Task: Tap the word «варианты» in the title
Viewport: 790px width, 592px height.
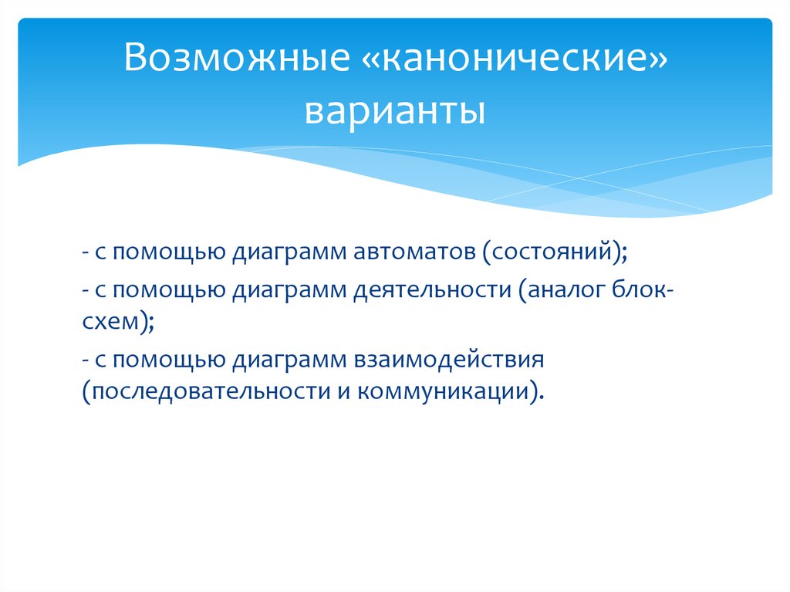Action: [394, 110]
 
